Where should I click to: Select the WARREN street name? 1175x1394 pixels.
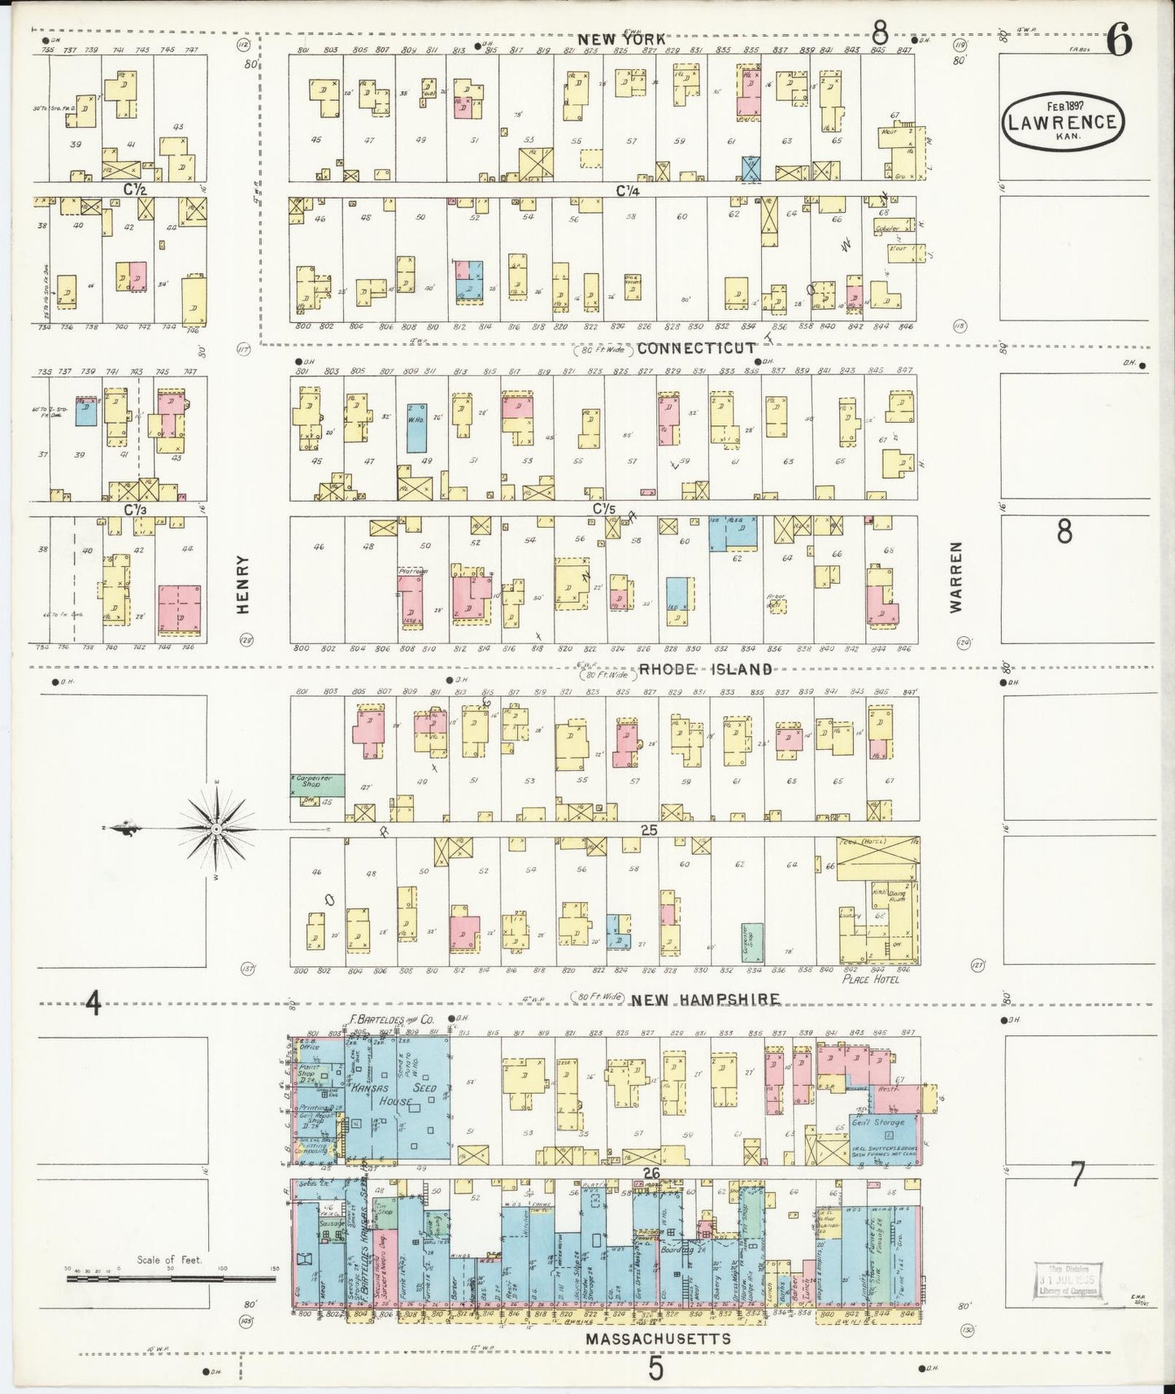[958, 577]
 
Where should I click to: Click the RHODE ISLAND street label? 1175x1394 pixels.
[704, 669]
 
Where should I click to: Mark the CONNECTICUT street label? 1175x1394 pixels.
[696, 348]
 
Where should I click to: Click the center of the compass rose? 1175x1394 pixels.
[217, 829]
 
